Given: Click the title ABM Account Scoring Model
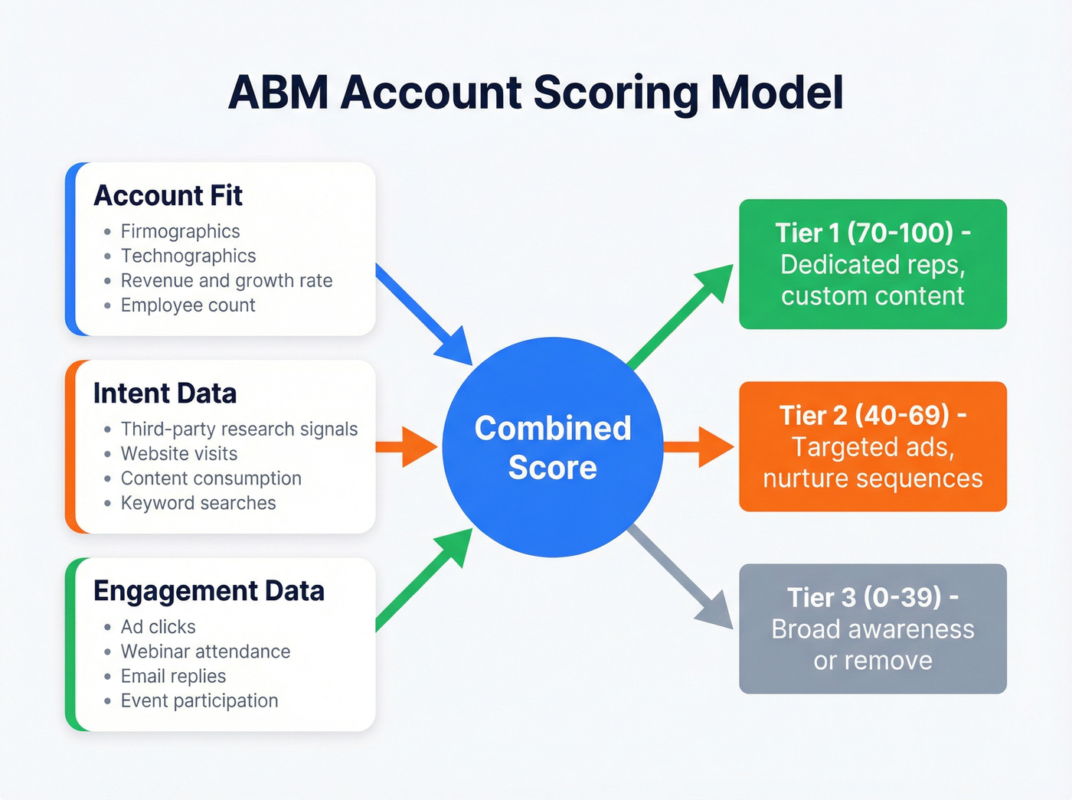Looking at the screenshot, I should click(535, 93).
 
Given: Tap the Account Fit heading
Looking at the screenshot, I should click(168, 196).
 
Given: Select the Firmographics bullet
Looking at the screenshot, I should click(180, 231).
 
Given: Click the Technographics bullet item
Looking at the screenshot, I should click(188, 256).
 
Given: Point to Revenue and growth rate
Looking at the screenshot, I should click(227, 280).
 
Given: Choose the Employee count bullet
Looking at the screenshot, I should click(188, 305).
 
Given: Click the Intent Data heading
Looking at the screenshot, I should click(165, 393).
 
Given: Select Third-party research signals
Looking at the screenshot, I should click(239, 429).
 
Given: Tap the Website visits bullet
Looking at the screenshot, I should click(179, 453).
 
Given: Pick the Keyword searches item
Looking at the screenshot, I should click(198, 503).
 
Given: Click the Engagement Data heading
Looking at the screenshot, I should click(208, 591).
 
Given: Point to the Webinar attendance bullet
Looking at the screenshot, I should click(205, 651).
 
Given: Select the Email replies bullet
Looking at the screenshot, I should click(173, 676).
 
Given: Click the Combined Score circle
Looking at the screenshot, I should click(552, 448).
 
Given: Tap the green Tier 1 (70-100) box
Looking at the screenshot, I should click(872, 264).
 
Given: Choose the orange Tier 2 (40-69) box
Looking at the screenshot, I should click(872, 446).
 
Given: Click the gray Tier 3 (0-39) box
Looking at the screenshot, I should click(872, 629).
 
